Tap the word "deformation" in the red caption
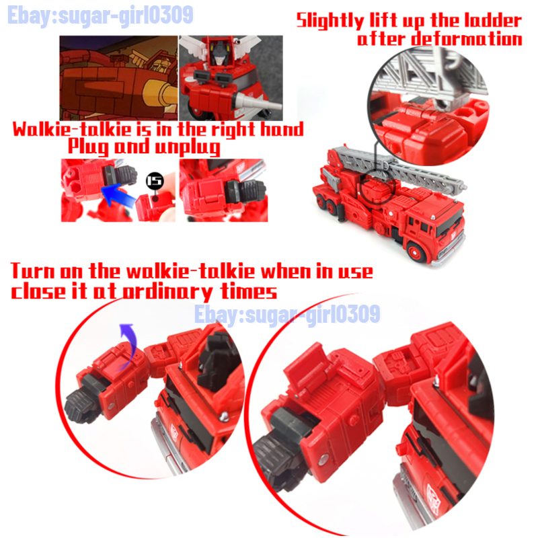467,38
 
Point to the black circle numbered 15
155,180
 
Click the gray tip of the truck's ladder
462,187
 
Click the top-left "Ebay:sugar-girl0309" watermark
100,16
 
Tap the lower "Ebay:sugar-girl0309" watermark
287,314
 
